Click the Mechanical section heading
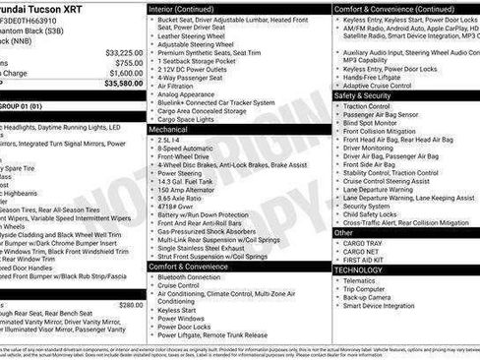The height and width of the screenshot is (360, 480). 168,129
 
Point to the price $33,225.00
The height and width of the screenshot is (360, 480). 124,52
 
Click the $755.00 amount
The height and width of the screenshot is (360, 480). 129,62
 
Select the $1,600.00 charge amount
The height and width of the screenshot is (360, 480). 125,73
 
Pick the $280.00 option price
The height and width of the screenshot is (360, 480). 131,305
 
